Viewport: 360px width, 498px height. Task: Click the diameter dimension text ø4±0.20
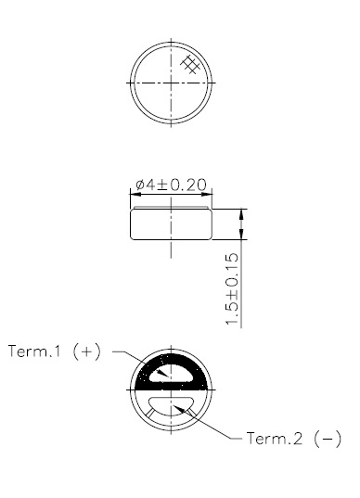pyautogui.click(x=171, y=185)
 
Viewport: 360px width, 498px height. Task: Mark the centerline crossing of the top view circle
pyautogui.click(x=172, y=81)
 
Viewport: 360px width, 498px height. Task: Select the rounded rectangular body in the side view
pyautogui.click(x=172, y=225)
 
